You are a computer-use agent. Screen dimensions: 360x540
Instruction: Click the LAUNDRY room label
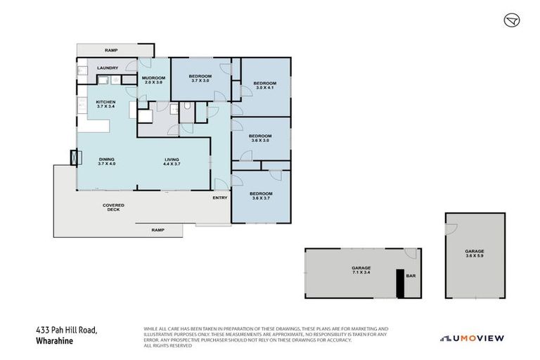(108, 67)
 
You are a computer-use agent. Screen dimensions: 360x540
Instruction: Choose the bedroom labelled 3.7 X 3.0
(200, 78)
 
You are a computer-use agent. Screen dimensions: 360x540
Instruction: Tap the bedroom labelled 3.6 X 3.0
(261, 138)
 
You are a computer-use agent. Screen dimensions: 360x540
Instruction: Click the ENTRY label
(220, 198)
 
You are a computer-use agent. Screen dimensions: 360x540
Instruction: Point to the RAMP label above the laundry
(110, 51)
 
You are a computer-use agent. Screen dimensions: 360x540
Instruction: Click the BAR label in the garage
(411, 276)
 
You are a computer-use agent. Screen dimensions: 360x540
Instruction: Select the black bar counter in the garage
(400, 284)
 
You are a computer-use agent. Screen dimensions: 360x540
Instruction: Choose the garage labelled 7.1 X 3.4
(361, 271)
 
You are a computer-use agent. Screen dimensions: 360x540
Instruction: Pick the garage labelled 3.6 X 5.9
(474, 254)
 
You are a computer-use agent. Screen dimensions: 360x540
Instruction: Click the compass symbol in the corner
(511, 20)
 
